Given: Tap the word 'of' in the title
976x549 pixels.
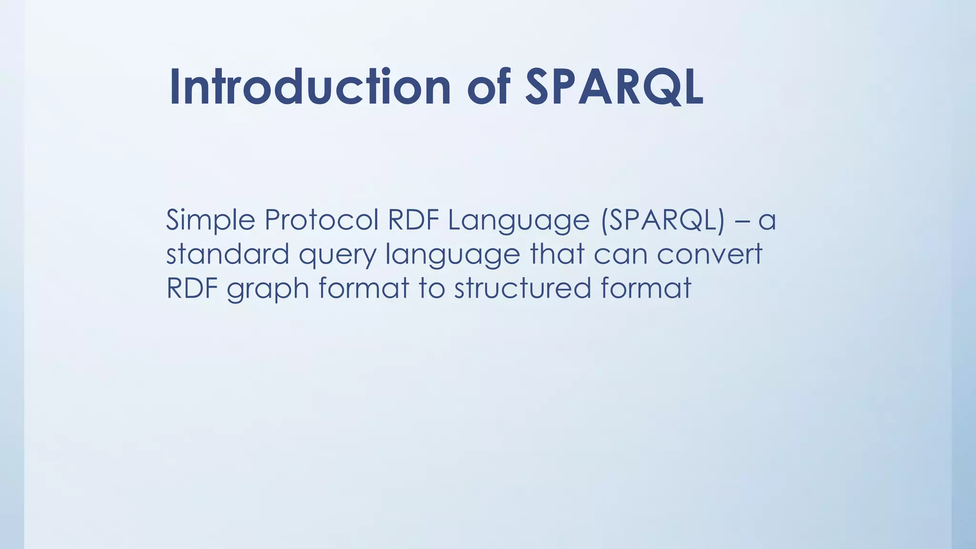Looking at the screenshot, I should [489, 87].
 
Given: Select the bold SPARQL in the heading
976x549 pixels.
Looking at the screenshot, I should [614, 87].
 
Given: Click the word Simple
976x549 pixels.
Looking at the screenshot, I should [210, 221].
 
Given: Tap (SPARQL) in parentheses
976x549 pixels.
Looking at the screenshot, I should [663, 221].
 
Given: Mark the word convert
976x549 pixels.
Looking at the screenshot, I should [710, 255].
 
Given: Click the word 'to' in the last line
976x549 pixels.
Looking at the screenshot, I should [432, 289].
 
